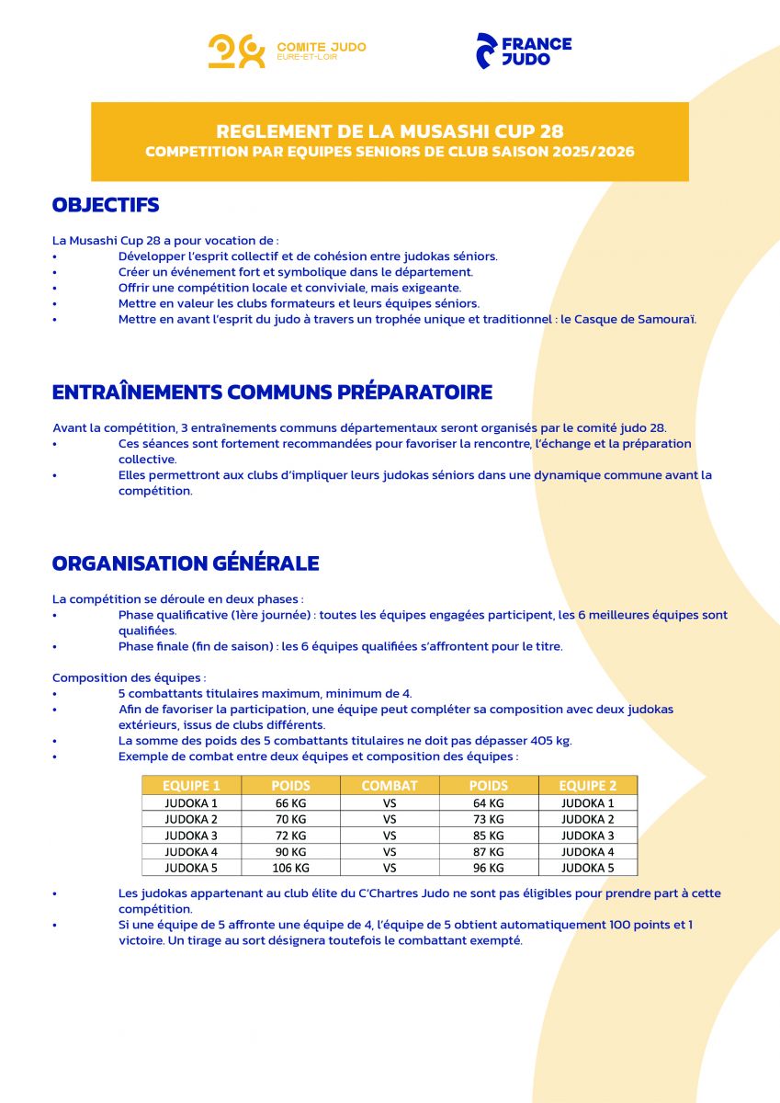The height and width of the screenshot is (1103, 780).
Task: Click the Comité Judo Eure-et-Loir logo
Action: (287, 51)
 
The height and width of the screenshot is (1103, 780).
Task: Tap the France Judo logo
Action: (524, 51)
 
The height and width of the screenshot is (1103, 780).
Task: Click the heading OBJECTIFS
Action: (106, 205)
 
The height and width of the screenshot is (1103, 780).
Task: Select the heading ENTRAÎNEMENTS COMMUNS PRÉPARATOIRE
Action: (272, 392)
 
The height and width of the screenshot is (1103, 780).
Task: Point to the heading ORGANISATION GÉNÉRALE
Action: (186, 563)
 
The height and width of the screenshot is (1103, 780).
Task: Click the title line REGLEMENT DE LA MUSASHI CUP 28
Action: (390, 131)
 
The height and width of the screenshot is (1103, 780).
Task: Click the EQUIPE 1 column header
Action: (191, 786)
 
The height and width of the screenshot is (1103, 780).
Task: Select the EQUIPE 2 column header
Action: (587, 786)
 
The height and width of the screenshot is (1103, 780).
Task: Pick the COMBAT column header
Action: (390, 786)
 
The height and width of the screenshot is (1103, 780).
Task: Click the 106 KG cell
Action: (290, 868)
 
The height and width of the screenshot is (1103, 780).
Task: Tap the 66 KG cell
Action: (290, 802)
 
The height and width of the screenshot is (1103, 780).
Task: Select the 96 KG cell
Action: (488, 868)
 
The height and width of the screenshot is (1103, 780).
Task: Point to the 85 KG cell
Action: (488, 836)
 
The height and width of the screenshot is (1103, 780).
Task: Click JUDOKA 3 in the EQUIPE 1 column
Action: (191, 836)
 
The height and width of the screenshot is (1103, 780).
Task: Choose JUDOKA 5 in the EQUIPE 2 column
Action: (587, 868)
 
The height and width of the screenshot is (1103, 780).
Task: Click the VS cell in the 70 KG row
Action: (390, 819)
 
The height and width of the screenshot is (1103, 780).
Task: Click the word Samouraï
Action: (665, 319)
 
